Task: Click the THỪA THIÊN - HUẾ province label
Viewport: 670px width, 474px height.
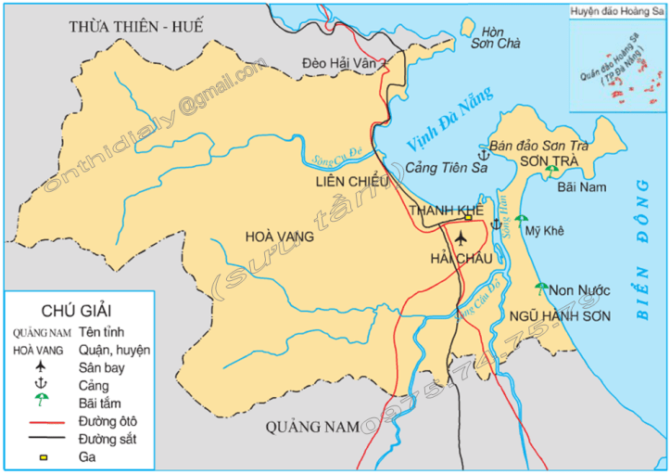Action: (135, 26)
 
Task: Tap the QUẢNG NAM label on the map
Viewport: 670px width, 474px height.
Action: (311, 427)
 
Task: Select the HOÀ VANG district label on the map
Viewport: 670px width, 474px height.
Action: (278, 237)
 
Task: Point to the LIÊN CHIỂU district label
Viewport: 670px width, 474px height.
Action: (351, 182)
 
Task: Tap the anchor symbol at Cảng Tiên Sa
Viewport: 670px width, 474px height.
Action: (483, 154)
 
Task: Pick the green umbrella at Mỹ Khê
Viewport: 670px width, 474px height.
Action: (521, 221)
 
